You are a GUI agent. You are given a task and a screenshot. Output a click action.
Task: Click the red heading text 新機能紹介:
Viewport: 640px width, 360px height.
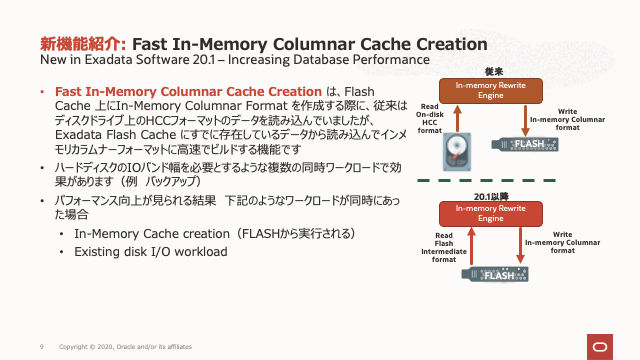tap(83, 44)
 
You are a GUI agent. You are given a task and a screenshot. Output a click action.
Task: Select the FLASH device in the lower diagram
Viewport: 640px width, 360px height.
tap(494, 273)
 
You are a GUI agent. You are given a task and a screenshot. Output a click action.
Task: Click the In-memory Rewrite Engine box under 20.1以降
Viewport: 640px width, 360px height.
tap(493, 212)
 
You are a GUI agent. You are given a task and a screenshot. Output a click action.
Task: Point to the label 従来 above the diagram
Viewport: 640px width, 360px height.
tap(493, 71)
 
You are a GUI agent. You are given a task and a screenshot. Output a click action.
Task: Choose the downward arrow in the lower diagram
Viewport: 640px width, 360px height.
tap(519, 244)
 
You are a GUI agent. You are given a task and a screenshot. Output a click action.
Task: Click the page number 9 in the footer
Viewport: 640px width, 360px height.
tap(41, 346)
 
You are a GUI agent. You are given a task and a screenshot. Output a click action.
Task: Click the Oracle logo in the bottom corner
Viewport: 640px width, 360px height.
tap(603, 345)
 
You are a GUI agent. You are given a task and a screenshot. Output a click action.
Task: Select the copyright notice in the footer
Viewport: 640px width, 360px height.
tap(125, 346)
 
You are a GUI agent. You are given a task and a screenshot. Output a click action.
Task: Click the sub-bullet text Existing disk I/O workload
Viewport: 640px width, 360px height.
tap(150, 251)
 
